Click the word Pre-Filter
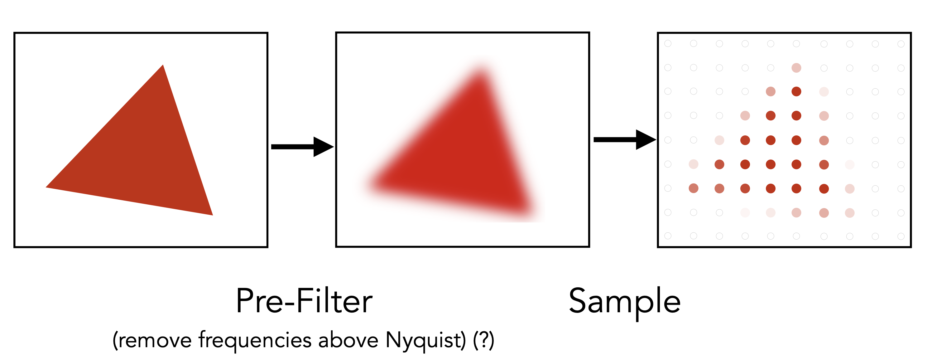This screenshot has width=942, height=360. tap(304, 301)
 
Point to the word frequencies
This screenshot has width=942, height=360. tap(255, 340)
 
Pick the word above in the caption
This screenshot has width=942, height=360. tap(348, 340)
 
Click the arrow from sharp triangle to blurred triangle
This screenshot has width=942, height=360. tap(302, 147)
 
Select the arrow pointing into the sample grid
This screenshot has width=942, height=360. tap(625, 139)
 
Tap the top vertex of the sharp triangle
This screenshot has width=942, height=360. tap(163, 65)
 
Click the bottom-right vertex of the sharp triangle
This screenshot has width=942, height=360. tap(213, 215)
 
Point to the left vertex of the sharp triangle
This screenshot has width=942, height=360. tap(46, 187)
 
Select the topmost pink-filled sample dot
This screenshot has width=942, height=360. tap(796, 68)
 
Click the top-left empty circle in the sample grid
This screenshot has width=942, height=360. tap(668, 44)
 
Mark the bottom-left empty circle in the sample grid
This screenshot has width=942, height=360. tap(668, 236)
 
